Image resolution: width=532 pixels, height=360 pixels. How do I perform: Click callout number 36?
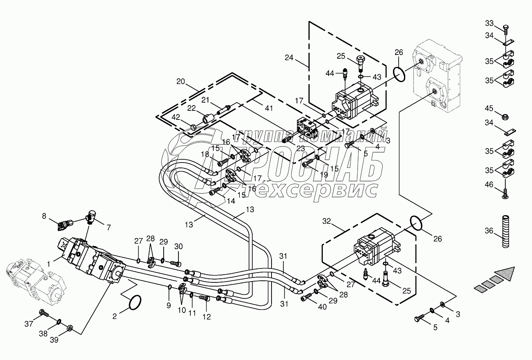coord(489,231)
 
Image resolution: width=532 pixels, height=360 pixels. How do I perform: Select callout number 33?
coord(490,23)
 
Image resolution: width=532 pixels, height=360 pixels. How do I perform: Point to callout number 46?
coord(489,185)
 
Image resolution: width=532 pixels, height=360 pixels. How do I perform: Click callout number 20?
coord(181,81)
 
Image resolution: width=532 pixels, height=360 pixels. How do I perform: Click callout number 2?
coord(115,316)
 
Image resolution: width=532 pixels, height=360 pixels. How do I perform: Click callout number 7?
coord(109,227)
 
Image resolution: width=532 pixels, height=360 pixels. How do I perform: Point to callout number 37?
coord(28,324)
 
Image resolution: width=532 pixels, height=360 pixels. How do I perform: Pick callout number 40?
coord(322,307)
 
